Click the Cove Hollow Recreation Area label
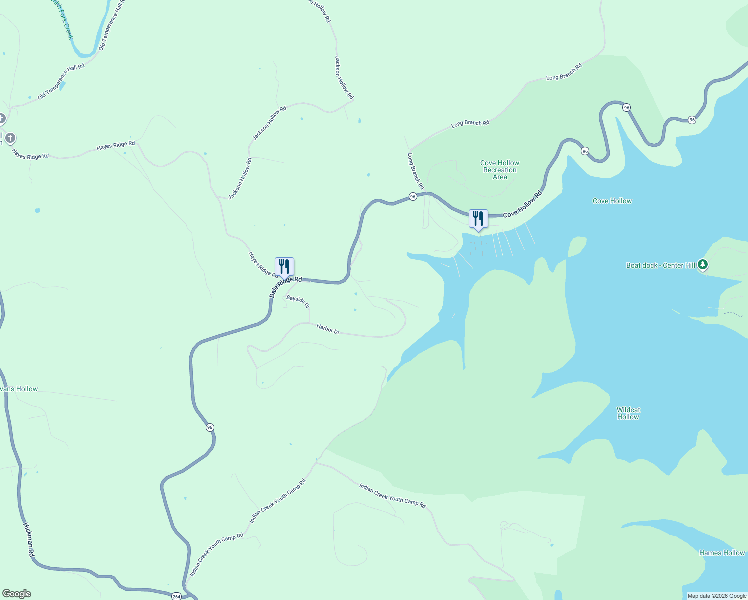pos(500,170)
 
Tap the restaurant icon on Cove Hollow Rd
pos(478,219)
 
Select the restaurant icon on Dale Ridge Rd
pos(284,267)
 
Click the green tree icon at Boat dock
pos(703,264)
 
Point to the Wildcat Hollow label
pos(628,413)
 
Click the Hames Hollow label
pos(722,553)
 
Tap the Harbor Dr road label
pos(328,329)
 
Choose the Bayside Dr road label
pos(298,301)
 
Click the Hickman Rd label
pos(28,540)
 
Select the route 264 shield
pos(176,596)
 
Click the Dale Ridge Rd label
pos(285,286)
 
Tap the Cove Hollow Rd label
pos(522,204)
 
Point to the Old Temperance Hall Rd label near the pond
pos(61,81)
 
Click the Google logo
pos(17,594)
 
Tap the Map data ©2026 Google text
pos(717,596)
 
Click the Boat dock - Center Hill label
pos(660,265)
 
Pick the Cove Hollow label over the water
pos(612,201)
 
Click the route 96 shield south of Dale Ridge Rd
pos(210,427)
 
